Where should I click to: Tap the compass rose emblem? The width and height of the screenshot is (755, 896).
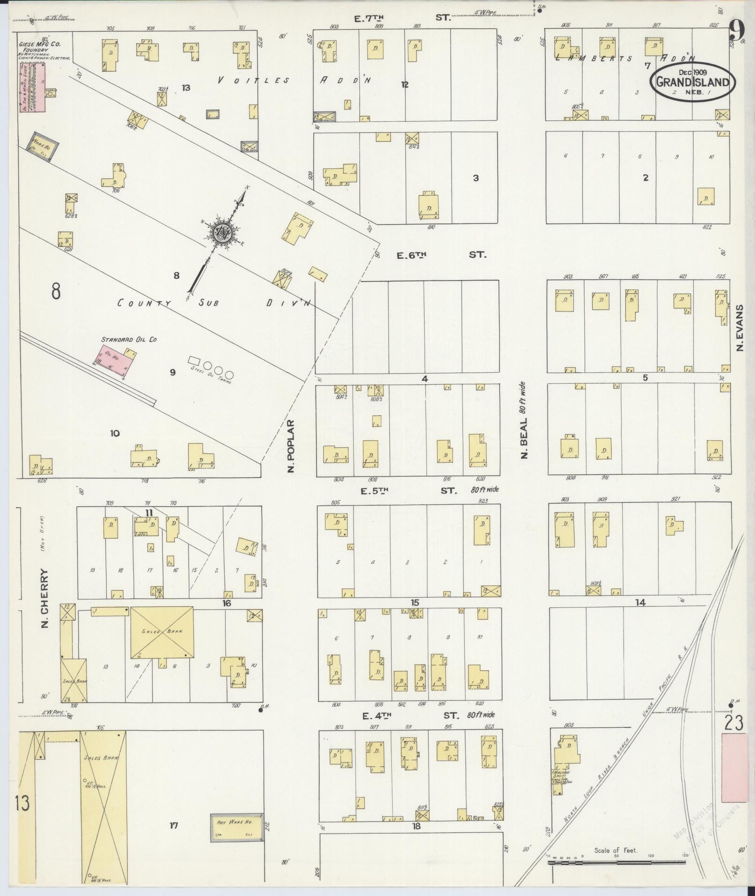pos(220,231)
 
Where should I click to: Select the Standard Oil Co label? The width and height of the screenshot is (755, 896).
pos(129,340)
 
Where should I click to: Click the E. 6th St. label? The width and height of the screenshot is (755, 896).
pos(441,255)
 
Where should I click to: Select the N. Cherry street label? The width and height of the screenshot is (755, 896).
pos(45,598)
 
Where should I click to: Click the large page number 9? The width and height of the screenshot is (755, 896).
pos(736,33)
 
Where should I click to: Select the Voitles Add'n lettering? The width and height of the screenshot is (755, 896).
pos(294,81)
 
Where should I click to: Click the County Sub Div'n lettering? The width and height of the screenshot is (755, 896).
pos(213,303)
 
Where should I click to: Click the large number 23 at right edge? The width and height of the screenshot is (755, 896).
pos(733,723)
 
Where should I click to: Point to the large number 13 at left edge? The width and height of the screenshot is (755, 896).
pos(22,802)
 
